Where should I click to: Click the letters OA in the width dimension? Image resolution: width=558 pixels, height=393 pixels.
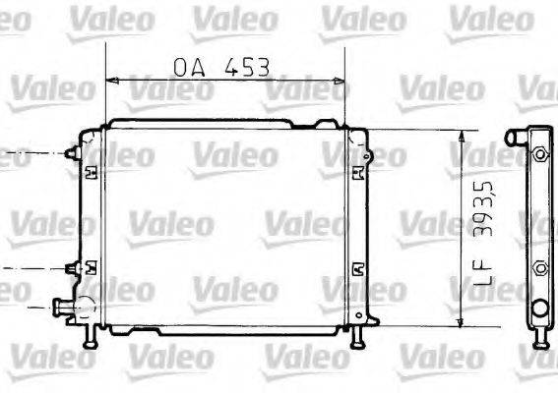[x=191, y=67]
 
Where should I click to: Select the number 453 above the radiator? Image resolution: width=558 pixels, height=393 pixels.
[x=246, y=67]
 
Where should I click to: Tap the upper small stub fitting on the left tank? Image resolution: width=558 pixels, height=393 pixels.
[x=70, y=154]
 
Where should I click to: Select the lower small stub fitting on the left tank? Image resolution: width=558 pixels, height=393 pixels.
[x=70, y=267]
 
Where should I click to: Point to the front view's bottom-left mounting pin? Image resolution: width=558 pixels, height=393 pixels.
[x=92, y=337]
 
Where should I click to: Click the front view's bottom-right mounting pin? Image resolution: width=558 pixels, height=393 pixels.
[x=356, y=337]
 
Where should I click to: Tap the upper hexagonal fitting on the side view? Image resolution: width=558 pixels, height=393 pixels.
[x=538, y=155]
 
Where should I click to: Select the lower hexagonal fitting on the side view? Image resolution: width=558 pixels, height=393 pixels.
[x=538, y=266]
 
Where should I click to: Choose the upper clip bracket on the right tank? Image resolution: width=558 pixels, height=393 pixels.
[x=356, y=173]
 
